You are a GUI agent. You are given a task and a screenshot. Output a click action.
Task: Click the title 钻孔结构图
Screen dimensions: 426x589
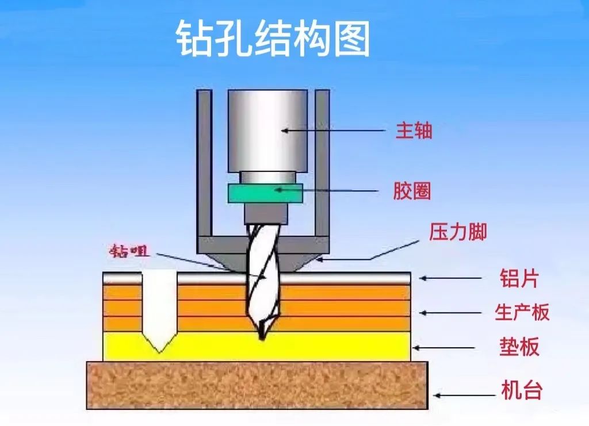273,39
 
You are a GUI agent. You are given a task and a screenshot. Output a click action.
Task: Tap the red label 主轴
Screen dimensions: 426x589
414,132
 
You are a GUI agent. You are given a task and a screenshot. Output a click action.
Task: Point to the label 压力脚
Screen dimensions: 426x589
458,232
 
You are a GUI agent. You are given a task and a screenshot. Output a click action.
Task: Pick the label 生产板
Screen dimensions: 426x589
522,312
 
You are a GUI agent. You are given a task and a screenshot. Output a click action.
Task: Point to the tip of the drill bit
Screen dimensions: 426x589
262,337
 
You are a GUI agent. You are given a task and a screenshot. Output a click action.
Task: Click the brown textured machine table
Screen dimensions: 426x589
257,385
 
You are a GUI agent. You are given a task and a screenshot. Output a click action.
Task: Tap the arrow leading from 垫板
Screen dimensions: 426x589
445,348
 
